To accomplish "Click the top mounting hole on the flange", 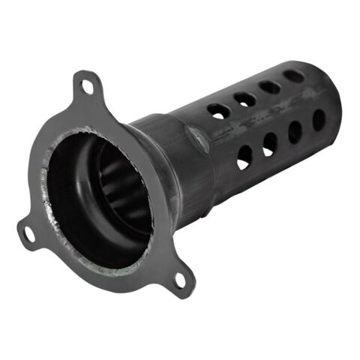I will point(87,86).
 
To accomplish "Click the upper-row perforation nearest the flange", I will point(219,111).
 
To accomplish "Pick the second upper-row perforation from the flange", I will point(245,98).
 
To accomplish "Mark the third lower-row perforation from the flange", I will point(295,131).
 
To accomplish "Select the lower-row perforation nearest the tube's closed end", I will point(319,119).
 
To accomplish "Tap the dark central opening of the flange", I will point(90,187).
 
